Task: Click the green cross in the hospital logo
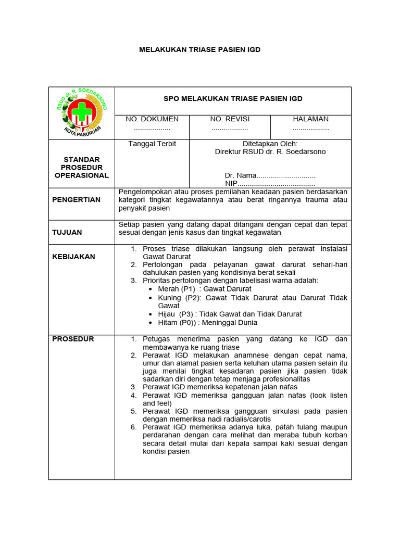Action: click(x=81, y=112)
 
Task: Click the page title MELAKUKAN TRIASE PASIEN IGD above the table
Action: click(x=199, y=49)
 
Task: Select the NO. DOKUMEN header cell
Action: click(x=152, y=119)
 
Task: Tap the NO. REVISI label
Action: click(x=230, y=119)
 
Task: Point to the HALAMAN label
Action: click(x=310, y=119)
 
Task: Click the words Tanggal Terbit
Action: click(x=152, y=144)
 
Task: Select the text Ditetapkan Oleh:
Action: click(x=270, y=144)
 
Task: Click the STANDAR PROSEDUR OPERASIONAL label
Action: click(x=82, y=167)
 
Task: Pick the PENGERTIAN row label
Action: click(x=76, y=200)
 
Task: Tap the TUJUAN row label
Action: click(x=67, y=232)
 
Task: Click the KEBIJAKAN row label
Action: click(x=73, y=257)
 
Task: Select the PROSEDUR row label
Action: click(x=73, y=339)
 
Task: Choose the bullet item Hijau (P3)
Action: click(x=229, y=314)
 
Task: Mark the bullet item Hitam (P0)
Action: click(x=207, y=322)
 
